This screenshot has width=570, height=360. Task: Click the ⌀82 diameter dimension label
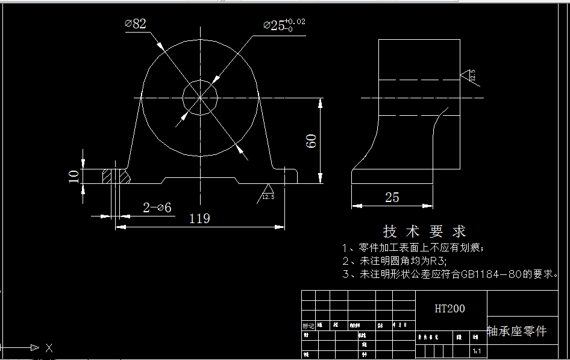pos(136,24)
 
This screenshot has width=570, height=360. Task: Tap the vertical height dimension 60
pos(312,141)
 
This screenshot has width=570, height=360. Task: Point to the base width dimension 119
pos(199,218)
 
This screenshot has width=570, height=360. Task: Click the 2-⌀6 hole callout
pos(157,207)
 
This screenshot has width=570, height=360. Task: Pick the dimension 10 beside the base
pos(74,176)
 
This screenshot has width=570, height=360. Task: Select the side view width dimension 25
pos(392,197)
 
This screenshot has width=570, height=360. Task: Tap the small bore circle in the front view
pos(199,97)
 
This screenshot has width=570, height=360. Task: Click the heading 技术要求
pos(424,231)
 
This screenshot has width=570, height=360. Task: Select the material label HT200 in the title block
pos(450,309)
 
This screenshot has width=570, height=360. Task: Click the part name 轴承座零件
pos(516,331)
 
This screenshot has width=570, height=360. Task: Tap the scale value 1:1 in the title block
pos(477,350)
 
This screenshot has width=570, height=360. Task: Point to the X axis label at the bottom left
pos(49,348)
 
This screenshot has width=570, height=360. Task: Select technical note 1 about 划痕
pos(413,247)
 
